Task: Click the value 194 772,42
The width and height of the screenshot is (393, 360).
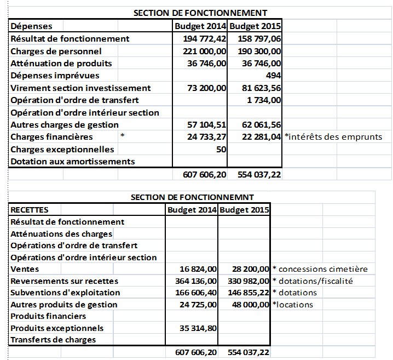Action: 204,39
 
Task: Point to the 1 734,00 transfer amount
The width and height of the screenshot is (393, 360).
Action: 264,100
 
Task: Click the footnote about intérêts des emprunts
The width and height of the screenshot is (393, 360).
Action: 333,137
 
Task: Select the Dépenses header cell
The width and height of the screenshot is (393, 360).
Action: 32,26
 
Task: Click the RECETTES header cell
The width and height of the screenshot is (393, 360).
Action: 30,209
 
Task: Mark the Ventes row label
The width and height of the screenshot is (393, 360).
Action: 24,269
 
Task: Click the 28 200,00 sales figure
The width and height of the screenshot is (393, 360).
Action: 249,269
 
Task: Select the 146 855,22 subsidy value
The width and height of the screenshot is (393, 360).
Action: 247,293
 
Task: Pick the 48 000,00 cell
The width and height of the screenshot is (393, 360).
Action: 249,305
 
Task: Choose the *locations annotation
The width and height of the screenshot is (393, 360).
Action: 292,305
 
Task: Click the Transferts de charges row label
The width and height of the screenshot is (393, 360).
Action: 53,340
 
